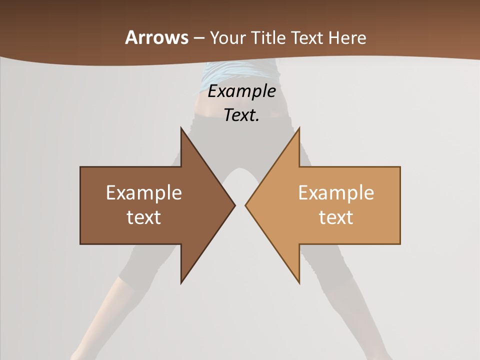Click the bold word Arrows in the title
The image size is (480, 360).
click(x=156, y=37)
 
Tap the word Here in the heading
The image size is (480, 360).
click(x=348, y=37)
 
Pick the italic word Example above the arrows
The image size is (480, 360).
click(x=242, y=91)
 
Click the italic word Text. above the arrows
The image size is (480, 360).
click(x=240, y=115)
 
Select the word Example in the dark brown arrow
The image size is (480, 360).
click(x=143, y=193)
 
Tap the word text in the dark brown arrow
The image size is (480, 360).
click(x=143, y=217)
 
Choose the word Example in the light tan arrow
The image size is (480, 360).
click(x=336, y=193)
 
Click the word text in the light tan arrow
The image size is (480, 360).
click(x=336, y=217)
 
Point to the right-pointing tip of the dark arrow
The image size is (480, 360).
click(x=234, y=205)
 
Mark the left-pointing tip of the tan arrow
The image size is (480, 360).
click(x=246, y=205)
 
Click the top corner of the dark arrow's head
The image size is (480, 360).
click(x=181, y=128)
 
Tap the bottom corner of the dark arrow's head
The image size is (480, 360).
click(x=181, y=282)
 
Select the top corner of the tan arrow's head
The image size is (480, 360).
click(x=299, y=128)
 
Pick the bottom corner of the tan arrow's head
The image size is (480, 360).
click(x=299, y=282)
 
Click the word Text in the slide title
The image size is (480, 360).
click(x=308, y=37)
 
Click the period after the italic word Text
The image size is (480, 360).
click(x=257, y=120)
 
